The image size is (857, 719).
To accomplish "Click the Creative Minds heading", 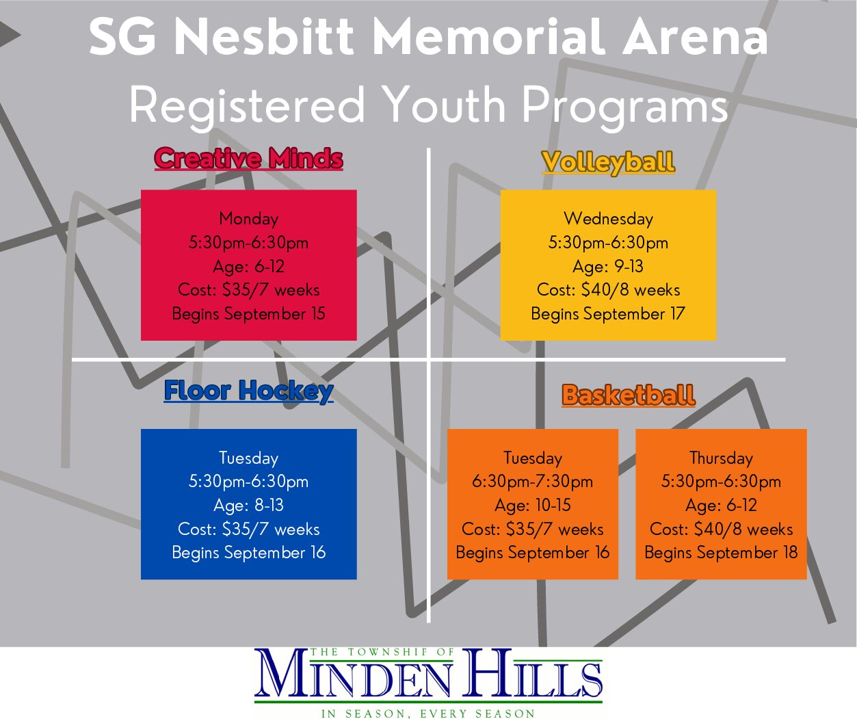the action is [x=248, y=159].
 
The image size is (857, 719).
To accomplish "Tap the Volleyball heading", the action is [x=608, y=163].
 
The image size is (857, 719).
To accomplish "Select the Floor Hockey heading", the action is [x=248, y=391].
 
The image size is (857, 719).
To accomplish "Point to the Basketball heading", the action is [x=629, y=395].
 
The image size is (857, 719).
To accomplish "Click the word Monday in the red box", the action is [x=249, y=218].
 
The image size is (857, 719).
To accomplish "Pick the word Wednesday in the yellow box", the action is [x=608, y=218].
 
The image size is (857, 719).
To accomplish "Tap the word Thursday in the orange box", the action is [x=721, y=458].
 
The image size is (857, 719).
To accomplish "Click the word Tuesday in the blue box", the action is [x=249, y=458].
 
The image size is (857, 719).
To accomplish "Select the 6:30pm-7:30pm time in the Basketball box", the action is [x=532, y=481].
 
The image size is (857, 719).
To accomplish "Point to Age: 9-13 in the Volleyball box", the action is [x=608, y=267].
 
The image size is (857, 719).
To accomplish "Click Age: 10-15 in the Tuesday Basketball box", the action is [x=532, y=505].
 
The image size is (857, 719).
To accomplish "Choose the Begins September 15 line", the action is [x=249, y=314].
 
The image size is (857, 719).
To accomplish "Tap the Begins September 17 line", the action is [x=608, y=314].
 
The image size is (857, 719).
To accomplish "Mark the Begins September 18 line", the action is [x=721, y=553].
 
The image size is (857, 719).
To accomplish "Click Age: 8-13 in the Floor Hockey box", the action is [x=249, y=505].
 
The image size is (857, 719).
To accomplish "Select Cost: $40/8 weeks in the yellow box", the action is [x=608, y=290].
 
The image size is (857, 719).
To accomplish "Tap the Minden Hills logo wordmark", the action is [x=428, y=673].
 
